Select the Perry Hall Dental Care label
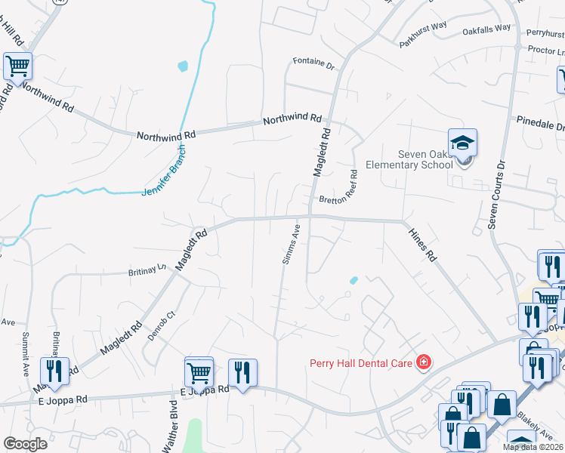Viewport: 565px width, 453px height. pos(362,363)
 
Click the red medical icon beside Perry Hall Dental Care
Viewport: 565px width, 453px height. pos(423,363)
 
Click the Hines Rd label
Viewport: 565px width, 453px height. pos(422,245)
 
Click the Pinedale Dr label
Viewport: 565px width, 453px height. pos(540,122)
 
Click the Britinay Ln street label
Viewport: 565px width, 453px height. pos(147,270)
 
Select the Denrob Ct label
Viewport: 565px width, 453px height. pos(161,326)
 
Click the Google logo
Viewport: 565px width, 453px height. pos(25,444)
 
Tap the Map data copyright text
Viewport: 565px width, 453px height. pos(533,447)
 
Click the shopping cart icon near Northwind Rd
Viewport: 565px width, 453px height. pos(17,66)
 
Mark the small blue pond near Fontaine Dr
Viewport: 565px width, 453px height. pos(183,66)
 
